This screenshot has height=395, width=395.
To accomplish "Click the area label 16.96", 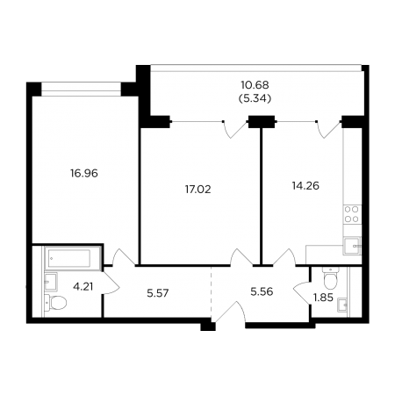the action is point(84,174).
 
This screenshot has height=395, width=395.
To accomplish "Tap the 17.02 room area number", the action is point(197,190).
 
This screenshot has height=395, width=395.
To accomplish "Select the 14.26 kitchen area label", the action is point(305,186).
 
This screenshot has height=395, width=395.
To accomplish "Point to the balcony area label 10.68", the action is point(255,85).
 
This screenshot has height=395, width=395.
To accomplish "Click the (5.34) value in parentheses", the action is point(255,99).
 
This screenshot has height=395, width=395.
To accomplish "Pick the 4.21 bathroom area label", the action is point(83,287).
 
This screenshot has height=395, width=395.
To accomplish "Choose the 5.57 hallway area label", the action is point(158,293).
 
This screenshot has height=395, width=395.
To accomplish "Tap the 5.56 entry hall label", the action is point(262,291).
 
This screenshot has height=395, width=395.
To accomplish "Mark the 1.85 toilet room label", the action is point(323,298).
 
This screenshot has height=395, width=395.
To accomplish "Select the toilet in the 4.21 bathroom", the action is point(55,302).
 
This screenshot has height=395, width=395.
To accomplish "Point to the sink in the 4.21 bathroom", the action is point(50,282).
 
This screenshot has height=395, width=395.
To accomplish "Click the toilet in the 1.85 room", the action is point(330,277).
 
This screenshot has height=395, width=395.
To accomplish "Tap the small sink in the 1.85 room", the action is point(342,305).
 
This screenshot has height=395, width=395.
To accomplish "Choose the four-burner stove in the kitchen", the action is point(351,214).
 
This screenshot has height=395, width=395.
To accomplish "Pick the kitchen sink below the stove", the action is point(352,246).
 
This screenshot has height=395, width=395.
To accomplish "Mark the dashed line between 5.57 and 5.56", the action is point(211,291).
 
